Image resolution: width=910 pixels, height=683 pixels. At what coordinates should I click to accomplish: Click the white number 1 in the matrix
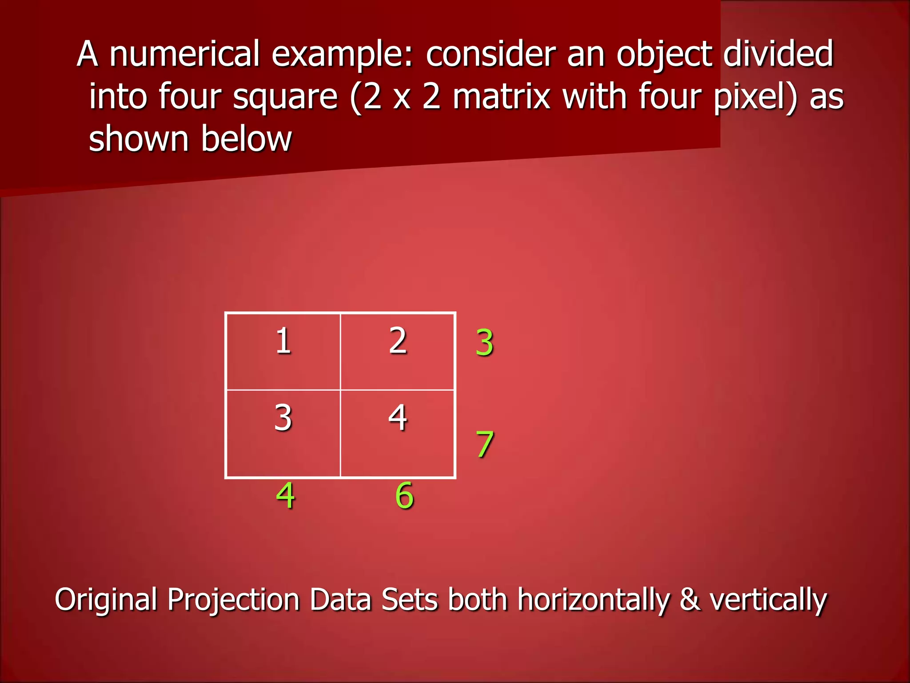(x=283, y=341)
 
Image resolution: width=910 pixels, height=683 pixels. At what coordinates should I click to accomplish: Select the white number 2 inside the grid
(x=398, y=341)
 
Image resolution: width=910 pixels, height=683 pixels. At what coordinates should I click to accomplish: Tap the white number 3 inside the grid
(x=283, y=418)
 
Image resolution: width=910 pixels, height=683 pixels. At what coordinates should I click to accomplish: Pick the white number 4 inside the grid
(x=398, y=418)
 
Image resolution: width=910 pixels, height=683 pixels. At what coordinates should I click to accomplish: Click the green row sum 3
(x=484, y=343)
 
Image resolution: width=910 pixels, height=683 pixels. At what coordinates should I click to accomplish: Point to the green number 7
(x=484, y=444)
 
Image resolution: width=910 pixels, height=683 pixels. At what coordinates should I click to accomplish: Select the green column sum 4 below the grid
(x=285, y=495)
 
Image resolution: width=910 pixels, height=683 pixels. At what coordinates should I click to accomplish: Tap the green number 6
(x=404, y=495)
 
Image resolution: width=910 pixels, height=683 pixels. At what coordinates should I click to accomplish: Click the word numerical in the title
(x=184, y=54)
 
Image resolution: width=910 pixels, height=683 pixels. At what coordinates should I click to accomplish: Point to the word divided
(x=778, y=54)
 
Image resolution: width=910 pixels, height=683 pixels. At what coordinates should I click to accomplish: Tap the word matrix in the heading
(x=502, y=96)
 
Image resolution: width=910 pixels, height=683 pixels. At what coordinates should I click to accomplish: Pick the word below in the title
(x=247, y=139)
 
